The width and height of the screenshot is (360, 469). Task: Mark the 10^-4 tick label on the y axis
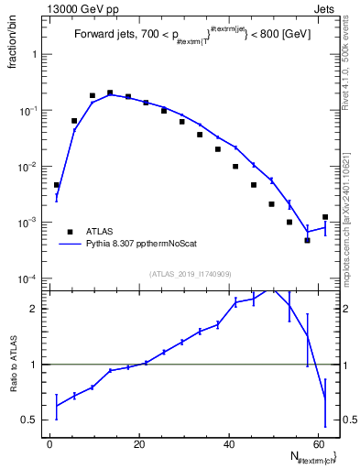click(31, 278)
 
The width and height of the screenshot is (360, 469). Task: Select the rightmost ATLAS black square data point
click(325, 217)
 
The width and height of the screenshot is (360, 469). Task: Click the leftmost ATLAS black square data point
click(57, 185)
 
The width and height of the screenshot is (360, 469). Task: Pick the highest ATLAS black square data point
click(110, 93)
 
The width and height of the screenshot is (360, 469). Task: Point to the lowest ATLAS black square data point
click(308, 240)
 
